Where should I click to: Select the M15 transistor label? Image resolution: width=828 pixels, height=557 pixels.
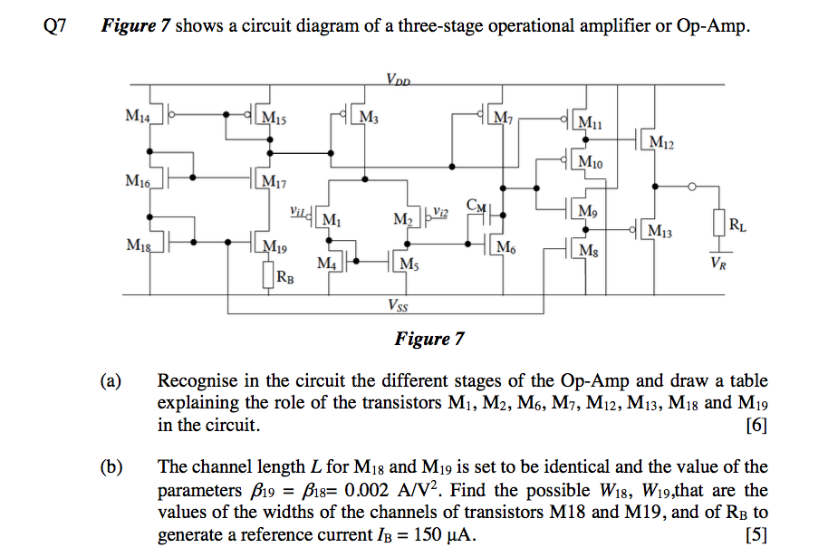[x=273, y=118]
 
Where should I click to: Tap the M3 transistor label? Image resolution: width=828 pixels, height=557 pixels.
[x=369, y=117]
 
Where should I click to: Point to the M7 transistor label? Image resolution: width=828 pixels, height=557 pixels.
[x=501, y=117]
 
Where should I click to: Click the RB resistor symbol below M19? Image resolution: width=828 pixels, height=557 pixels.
[x=268, y=274]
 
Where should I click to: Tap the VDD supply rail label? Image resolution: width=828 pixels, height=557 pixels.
[x=399, y=79]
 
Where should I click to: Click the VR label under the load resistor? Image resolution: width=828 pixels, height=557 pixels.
[x=718, y=264]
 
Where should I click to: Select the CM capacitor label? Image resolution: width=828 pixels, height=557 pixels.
[x=476, y=206]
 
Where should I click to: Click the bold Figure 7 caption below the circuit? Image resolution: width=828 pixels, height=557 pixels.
[x=429, y=340]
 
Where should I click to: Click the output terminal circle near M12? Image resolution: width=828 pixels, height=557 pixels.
[x=692, y=187]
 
